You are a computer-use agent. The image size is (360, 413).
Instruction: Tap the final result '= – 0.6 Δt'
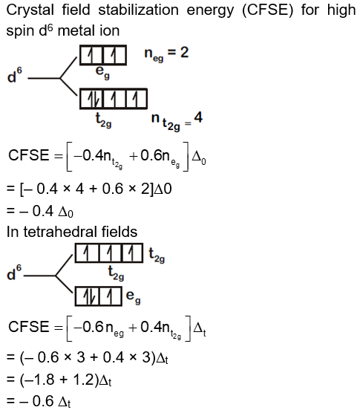[x=40, y=402]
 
